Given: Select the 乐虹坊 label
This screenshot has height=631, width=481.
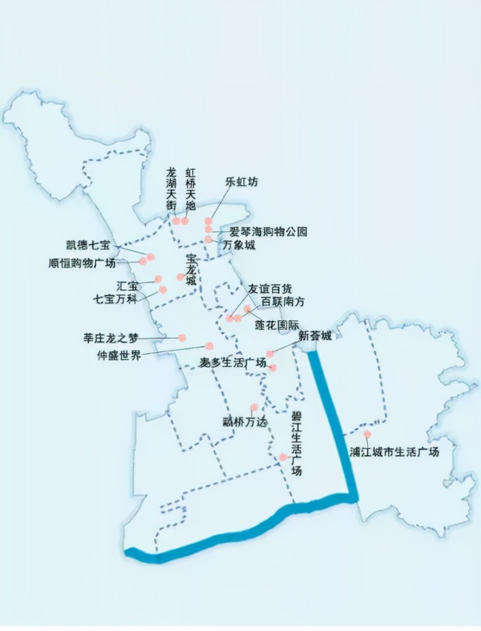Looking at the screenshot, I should (x=242, y=182).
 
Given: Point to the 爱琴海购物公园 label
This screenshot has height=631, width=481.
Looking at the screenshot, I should (x=268, y=232).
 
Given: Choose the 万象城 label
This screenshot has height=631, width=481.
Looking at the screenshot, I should (x=239, y=245).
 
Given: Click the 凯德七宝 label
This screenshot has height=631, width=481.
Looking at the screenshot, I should (x=88, y=245).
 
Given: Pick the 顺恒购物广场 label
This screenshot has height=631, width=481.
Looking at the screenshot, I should (x=82, y=263).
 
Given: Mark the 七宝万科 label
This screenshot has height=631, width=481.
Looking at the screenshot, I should (x=116, y=298).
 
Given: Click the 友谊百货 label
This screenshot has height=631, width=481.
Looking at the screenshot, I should (x=269, y=289).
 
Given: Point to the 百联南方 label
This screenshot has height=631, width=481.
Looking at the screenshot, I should (x=283, y=302).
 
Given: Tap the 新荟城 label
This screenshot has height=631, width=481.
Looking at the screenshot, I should (x=315, y=336).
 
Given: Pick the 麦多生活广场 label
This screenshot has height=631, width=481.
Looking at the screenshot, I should (x=233, y=363).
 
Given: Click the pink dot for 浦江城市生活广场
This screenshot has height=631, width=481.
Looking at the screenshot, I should (x=367, y=435).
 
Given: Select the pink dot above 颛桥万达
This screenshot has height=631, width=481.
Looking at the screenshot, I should (x=254, y=407).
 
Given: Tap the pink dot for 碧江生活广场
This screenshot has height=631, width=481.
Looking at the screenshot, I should (x=283, y=457).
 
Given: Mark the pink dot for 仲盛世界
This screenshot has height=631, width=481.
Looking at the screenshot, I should (x=209, y=346).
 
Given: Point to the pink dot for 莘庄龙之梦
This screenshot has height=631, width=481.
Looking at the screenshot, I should (x=182, y=338).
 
